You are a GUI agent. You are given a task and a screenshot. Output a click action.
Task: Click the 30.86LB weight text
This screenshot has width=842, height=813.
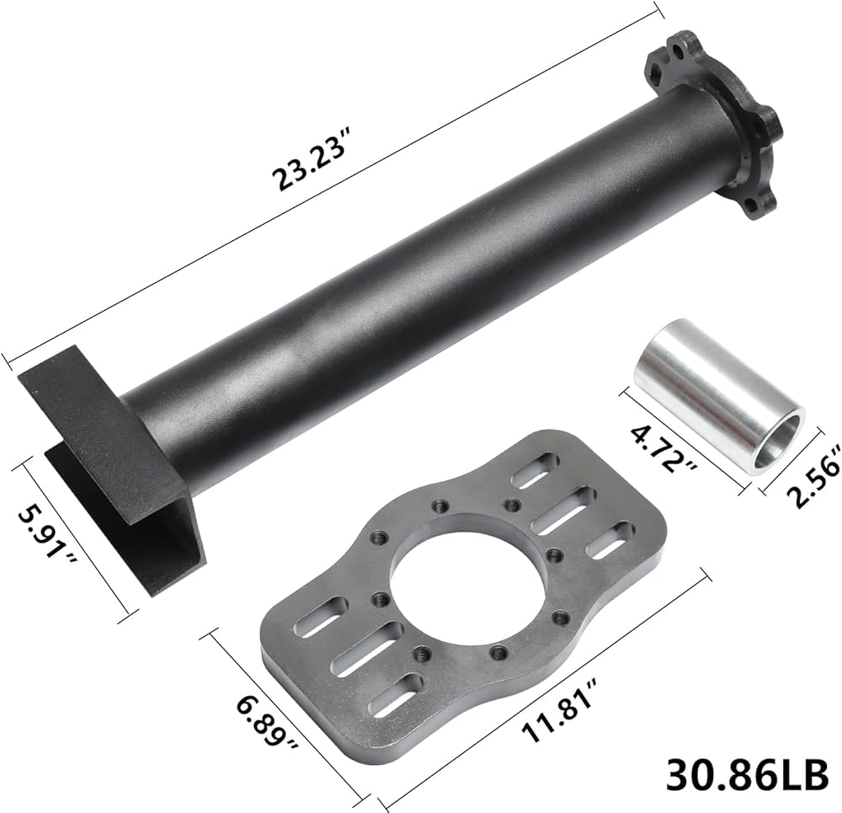click(x=747, y=774)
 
